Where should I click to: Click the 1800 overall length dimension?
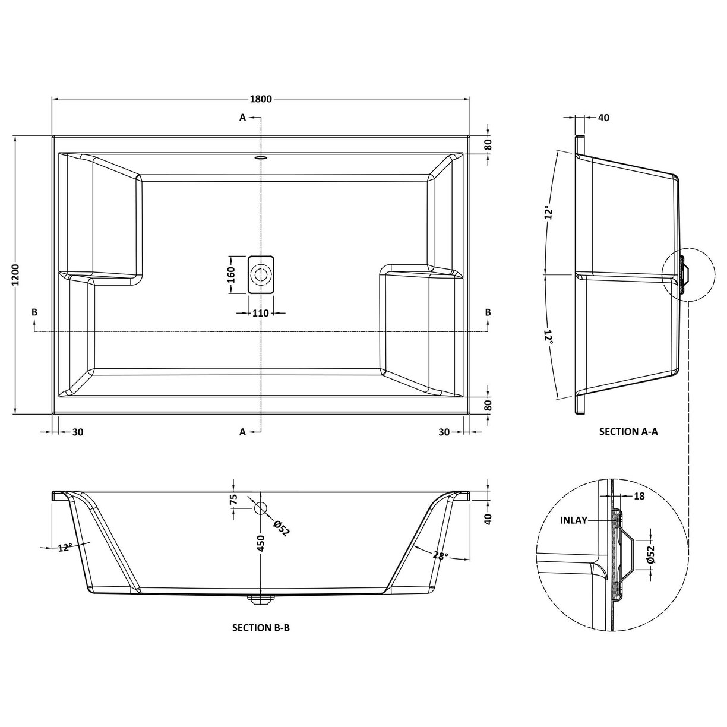[x=260, y=99]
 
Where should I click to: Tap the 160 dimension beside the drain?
[x=232, y=274]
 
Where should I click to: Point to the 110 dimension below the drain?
[x=261, y=313]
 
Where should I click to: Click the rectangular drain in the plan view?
[x=261, y=275]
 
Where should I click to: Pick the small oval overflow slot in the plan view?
[x=261, y=158]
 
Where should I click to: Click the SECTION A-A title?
[x=628, y=432]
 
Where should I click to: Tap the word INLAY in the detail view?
[x=573, y=520]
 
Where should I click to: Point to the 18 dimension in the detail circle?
[x=639, y=496]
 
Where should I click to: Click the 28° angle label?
[x=440, y=556]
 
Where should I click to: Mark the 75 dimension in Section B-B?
[x=233, y=500]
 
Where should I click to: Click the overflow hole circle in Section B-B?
[x=261, y=508]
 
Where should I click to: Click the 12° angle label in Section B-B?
[x=65, y=548]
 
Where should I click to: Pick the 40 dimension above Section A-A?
[x=603, y=118]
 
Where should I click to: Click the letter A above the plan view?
[x=242, y=118]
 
